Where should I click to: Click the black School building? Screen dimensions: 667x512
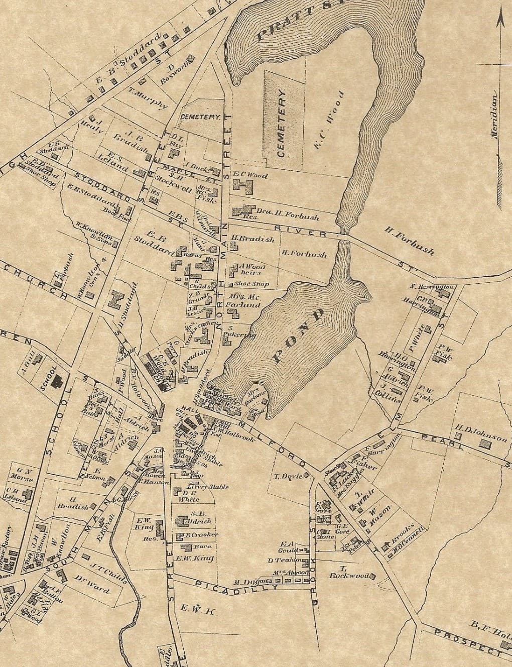pyautogui.click(x=58, y=381)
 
